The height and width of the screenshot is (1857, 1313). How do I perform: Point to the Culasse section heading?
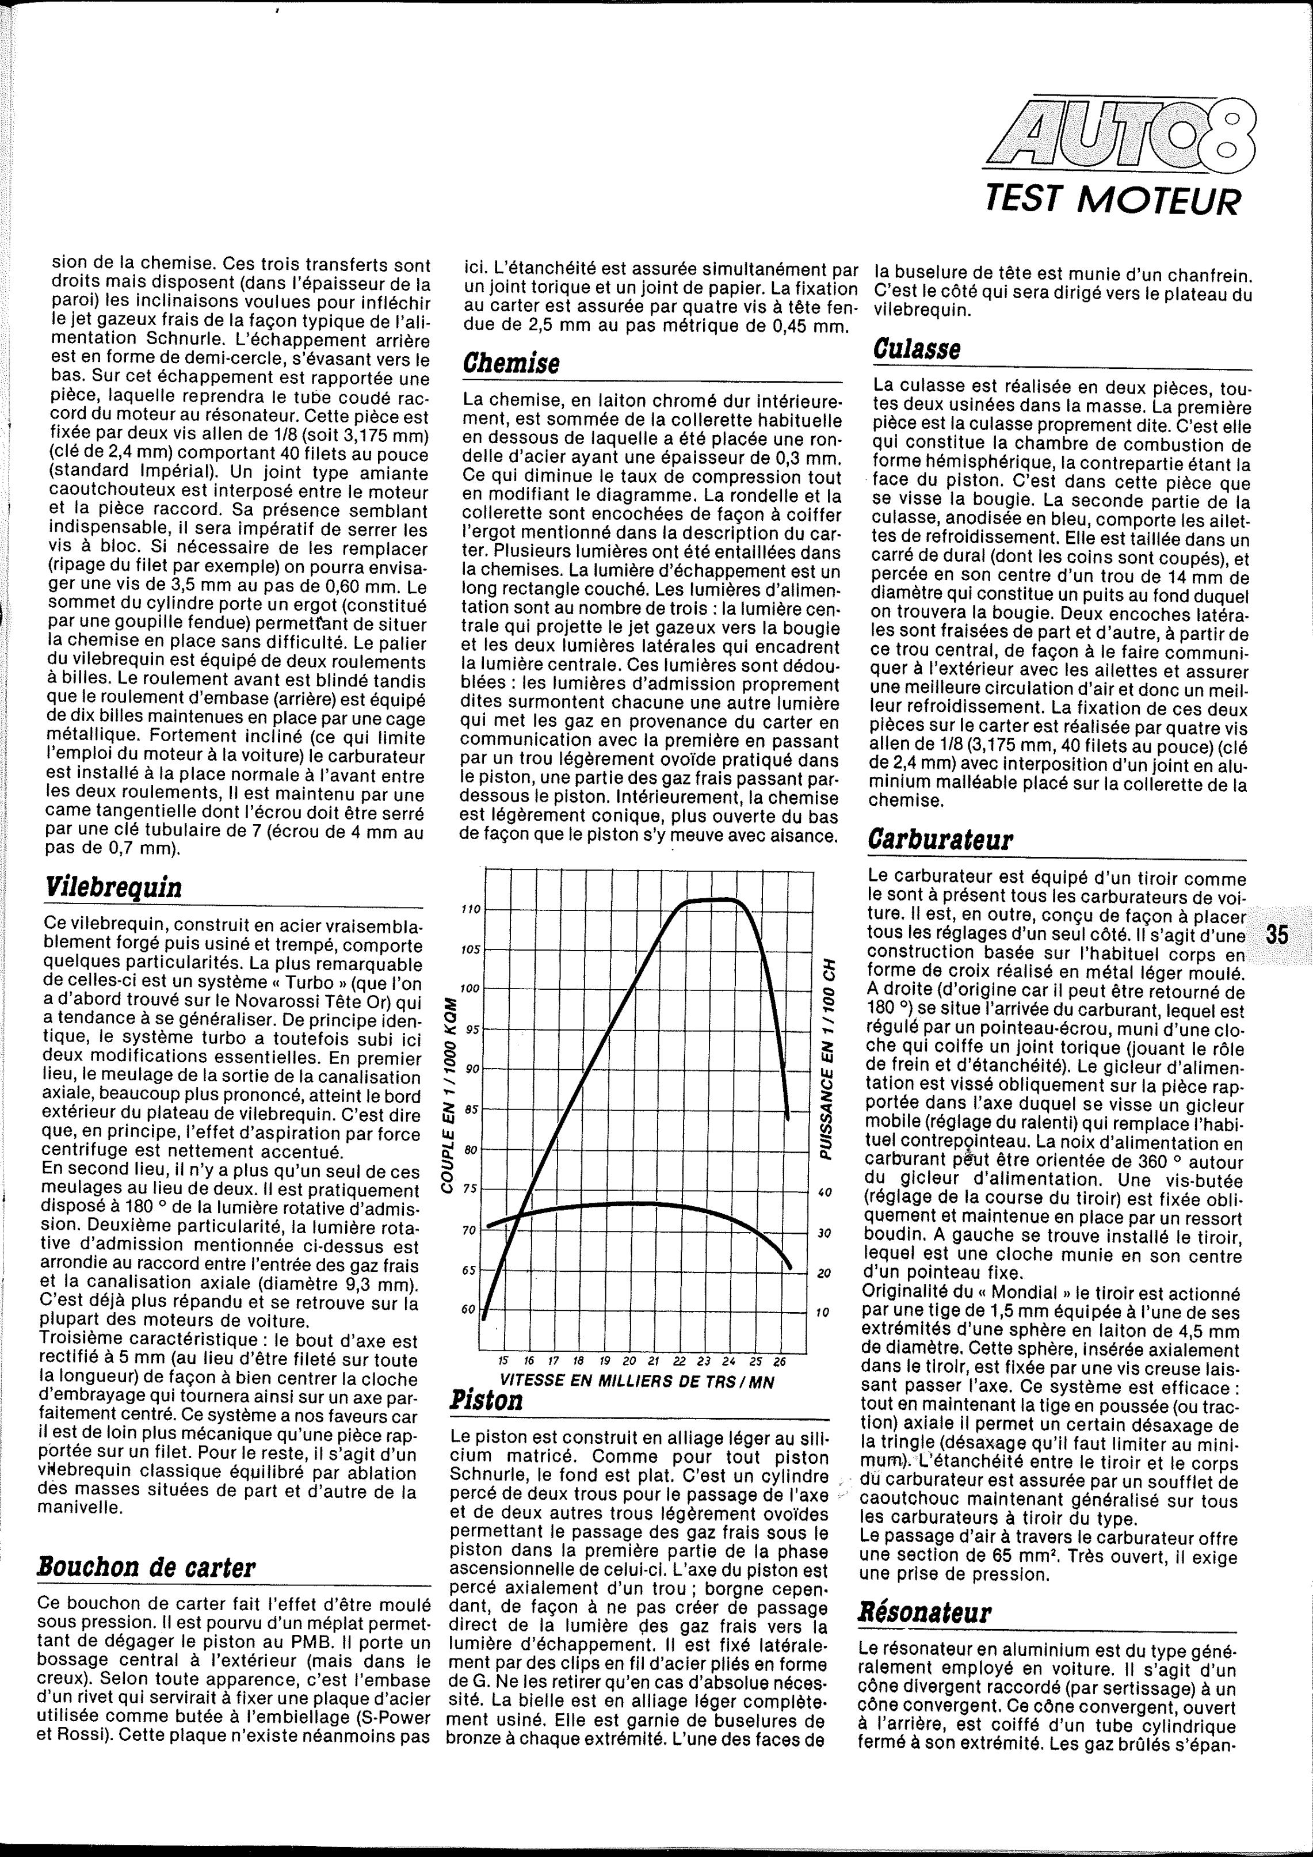click(x=918, y=349)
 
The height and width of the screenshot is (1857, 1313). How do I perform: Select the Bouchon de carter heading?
click(x=146, y=1568)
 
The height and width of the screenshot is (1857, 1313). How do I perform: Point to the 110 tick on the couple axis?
click(x=470, y=910)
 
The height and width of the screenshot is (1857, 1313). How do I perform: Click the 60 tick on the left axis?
click(x=469, y=1309)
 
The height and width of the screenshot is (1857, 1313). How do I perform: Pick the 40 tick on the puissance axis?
click(x=823, y=1193)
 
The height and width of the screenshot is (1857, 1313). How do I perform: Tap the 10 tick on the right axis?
click(x=823, y=1312)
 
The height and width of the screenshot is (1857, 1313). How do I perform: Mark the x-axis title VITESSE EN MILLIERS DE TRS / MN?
click(x=637, y=1382)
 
